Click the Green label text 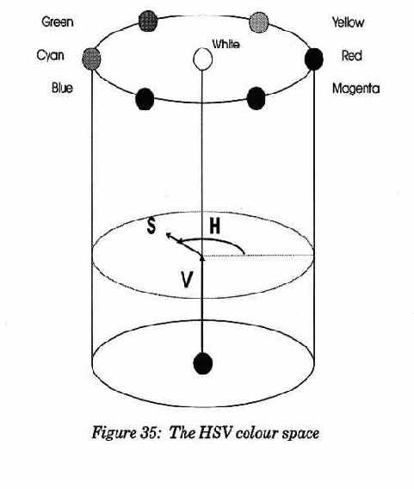coord(58,22)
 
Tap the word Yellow coord(348,22)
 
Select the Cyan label coord(51,55)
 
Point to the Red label coord(352,56)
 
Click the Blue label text coord(62,88)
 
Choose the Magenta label coord(356,89)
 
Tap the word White coord(226,44)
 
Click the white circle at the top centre coord(202,59)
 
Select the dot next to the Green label coord(148,21)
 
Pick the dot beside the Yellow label coord(259,22)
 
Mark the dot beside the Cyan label coord(91,59)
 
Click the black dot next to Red coord(313,59)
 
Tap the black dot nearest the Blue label coord(145,99)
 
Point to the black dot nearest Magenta coord(256,98)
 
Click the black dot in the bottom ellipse coord(203,363)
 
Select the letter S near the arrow coord(151,226)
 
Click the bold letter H coord(215,226)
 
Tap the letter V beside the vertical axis coord(187,280)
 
